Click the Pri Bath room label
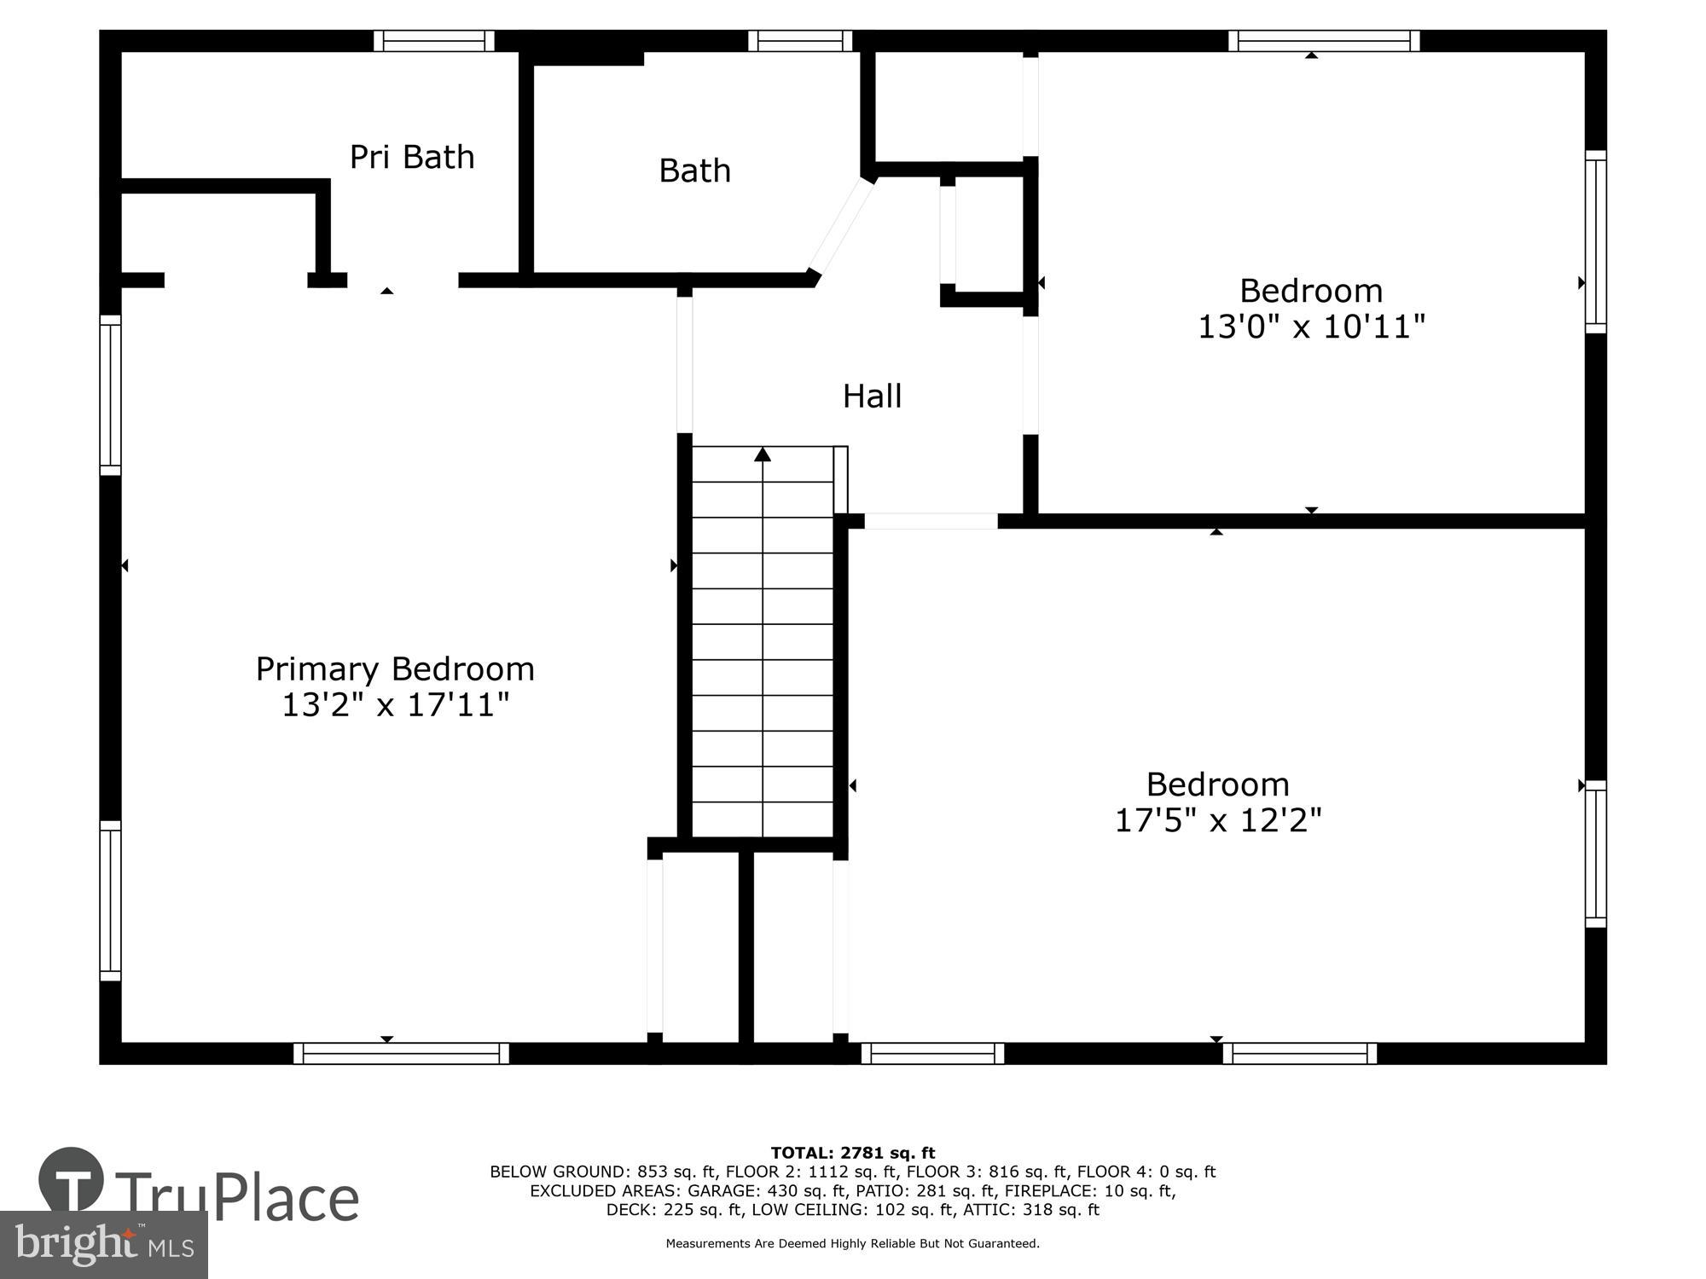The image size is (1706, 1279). click(412, 158)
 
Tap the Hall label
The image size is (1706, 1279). click(872, 396)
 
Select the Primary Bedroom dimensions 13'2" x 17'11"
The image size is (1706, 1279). click(396, 705)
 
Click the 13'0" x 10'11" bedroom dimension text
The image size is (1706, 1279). click(1312, 327)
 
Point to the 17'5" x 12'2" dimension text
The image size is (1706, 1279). click(1218, 820)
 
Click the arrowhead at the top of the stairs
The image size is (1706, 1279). click(763, 454)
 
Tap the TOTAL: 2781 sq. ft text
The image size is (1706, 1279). click(853, 1154)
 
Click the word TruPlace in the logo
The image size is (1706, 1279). click(237, 1197)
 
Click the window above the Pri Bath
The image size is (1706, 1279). click(434, 41)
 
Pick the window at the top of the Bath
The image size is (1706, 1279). click(800, 41)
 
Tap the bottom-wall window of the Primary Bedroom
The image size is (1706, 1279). click(401, 1053)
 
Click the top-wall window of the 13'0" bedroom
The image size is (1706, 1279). click(1325, 41)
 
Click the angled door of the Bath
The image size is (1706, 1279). click(841, 225)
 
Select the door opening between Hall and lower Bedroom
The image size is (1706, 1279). click(931, 521)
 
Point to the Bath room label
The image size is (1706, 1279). click(694, 171)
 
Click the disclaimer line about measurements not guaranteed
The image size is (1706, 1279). click(853, 1244)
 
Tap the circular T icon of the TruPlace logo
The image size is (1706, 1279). click(72, 1182)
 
